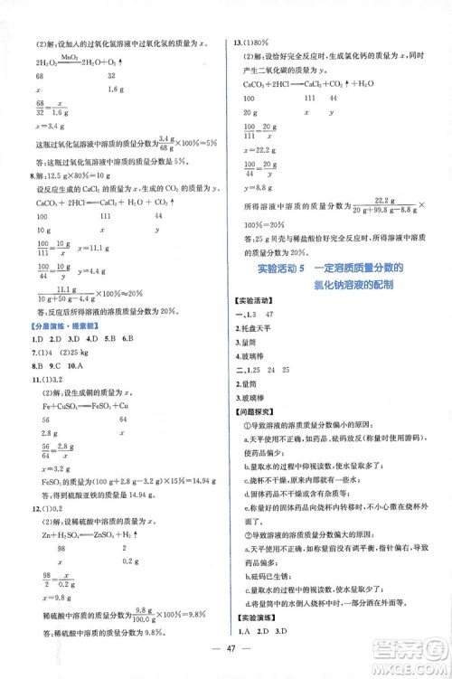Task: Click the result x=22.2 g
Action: (x=261, y=149)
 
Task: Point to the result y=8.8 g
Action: (x=259, y=185)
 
